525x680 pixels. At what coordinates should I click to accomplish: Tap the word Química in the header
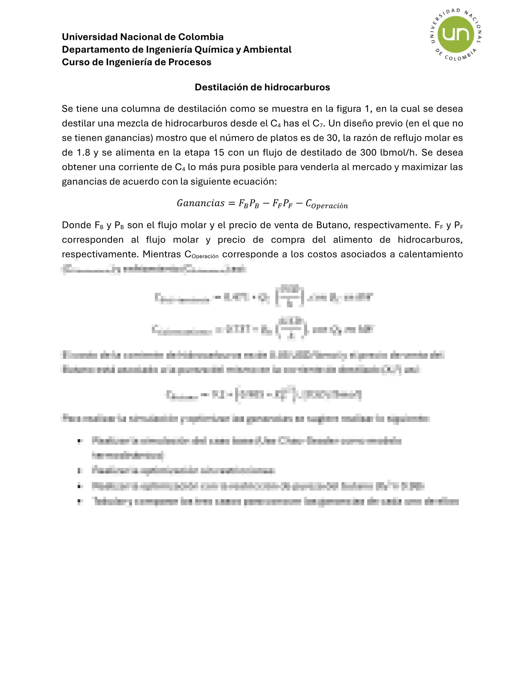tap(211, 50)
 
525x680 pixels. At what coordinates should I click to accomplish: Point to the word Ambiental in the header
tap(267, 50)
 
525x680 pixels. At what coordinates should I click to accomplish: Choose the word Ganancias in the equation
tap(200, 203)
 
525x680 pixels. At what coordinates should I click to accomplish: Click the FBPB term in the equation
tap(249, 204)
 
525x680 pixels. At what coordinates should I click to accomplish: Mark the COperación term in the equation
tap(326, 204)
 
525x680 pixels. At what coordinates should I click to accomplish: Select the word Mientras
tap(162, 255)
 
